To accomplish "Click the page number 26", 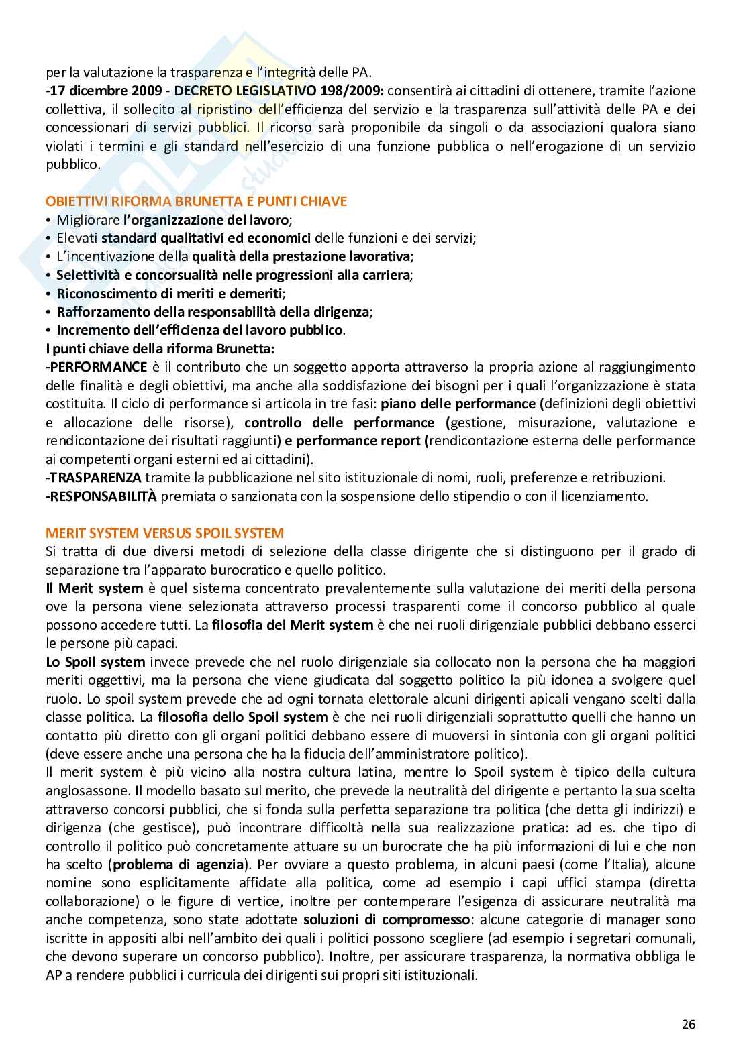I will pyautogui.click(x=689, y=1024).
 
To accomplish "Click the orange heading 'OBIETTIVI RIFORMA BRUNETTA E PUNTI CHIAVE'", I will pyautogui.click(x=196, y=201).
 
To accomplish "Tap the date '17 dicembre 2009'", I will pyautogui.click(x=92, y=91).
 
